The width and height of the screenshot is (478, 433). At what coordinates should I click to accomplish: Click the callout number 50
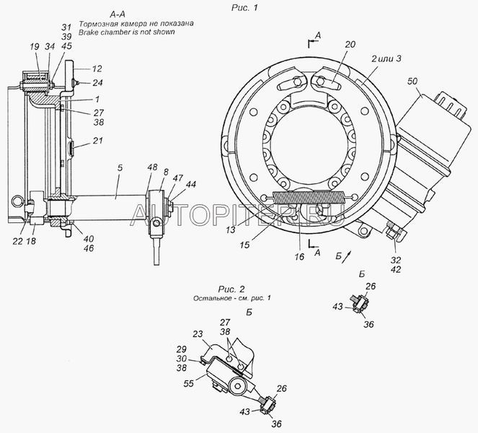pyautogui.click(x=412, y=82)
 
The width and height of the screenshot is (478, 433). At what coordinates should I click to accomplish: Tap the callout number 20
pyautogui.click(x=350, y=44)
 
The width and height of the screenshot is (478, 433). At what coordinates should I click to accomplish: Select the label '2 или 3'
pyautogui.click(x=386, y=58)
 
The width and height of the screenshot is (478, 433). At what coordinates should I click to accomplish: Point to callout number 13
pyautogui.click(x=231, y=229)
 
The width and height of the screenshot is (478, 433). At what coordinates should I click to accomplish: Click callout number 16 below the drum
pyautogui.click(x=299, y=256)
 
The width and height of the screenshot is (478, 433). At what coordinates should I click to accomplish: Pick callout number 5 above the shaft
pyautogui.click(x=120, y=167)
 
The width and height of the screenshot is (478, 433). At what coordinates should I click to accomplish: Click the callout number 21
pyautogui.click(x=98, y=141)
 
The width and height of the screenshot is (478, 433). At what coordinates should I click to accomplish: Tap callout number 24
pyautogui.click(x=98, y=82)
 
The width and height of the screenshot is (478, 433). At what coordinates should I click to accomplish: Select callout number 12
pyautogui.click(x=97, y=69)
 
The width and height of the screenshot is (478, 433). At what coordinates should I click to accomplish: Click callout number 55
pyautogui.click(x=189, y=383)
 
